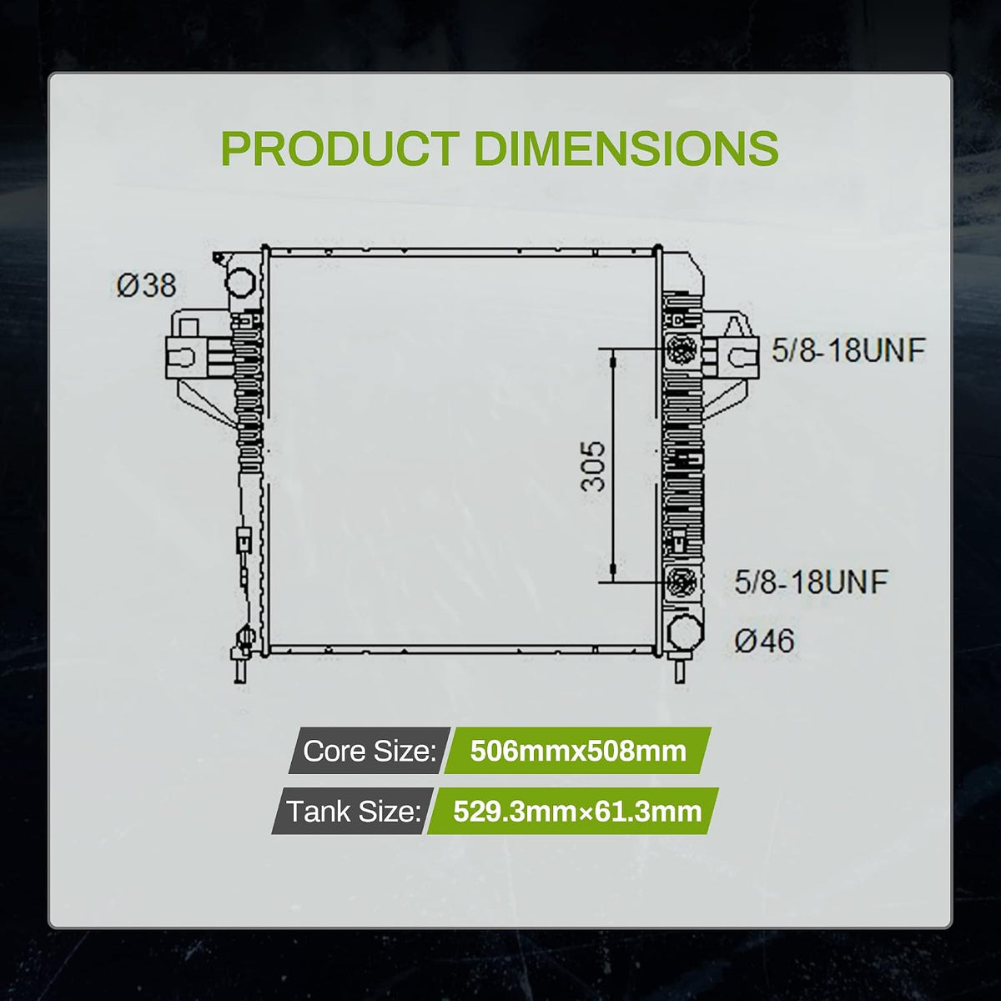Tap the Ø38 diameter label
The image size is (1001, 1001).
click(146, 286)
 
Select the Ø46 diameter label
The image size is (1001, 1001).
click(764, 641)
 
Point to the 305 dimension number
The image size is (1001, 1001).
click(593, 466)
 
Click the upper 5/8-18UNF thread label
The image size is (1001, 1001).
click(848, 350)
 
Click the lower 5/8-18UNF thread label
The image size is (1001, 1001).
click(812, 581)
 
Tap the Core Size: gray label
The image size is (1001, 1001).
click(370, 751)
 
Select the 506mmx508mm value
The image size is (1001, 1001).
click(577, 751)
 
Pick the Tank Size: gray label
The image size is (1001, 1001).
click(353, 811)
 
